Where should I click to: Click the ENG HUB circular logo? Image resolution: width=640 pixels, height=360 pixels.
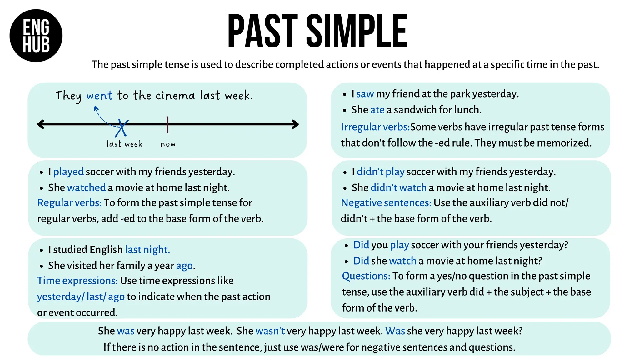click(x=36, y=36)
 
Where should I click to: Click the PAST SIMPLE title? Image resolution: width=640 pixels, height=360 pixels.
click(x=317, y=31)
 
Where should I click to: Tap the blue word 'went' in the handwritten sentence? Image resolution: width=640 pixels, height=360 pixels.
click(x=99, y=96)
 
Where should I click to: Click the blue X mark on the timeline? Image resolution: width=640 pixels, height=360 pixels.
click(x=122, y=128)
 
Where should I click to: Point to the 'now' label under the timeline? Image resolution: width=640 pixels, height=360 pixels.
click(x=168, y=144)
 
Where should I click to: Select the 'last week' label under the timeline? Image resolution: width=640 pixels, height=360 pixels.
click(x=124, y=144)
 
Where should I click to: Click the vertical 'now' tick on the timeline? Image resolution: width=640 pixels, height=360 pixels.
click(x=168, y=124)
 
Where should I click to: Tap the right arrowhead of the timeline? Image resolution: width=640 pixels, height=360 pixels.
click(x=295, y=124)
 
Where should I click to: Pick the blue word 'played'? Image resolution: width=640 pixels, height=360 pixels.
click(x=68, y=172)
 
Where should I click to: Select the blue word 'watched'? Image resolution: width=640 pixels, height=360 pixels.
click(x=86, y=187)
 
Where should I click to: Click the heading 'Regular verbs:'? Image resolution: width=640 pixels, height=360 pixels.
click(x=69, y=203)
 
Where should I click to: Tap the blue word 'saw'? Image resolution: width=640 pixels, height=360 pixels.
click(x=365, y=94)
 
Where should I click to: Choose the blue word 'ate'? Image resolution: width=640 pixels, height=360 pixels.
click(x=377, y=110)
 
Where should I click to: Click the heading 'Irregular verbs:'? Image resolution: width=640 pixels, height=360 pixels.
click(x=375, y=127)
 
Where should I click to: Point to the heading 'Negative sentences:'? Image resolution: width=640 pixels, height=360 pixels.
click(x=386, y=203)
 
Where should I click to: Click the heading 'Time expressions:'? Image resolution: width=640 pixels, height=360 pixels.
click(x=77, y=281)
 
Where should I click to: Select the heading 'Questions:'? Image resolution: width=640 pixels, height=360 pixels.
click(x=366, y=276)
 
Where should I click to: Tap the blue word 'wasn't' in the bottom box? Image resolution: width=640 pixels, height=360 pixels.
click(x=270, y=331)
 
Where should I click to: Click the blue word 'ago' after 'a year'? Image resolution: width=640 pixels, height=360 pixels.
click(x=184, y=266)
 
